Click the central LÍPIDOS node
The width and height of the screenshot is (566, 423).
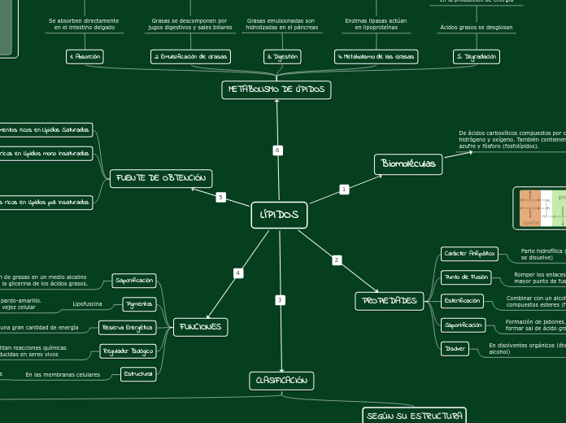tap(279, 216)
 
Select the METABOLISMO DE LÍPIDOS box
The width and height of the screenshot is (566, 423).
tap(276, 89)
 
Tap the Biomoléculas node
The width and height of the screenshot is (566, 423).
tap(408, 164)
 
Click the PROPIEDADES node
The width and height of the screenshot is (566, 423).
tap(390, 302)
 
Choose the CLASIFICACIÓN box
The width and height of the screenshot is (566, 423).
tap(281, 380)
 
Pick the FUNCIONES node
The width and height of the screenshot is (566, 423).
tap(200, 327)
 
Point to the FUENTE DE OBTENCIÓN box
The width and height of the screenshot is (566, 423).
tap(161, 178)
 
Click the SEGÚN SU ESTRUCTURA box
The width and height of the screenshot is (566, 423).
tap(415, 416)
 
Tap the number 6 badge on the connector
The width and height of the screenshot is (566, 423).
tap(277, 150)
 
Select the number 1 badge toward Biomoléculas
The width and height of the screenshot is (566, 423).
tap(344, 190)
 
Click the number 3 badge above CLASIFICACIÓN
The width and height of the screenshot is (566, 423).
tap(280, 300)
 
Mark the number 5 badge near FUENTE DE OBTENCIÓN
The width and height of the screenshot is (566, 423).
tap(220, 198)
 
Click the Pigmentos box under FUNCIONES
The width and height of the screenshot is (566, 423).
tap(138, 304)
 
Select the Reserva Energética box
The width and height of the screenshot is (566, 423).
tap(126, 328)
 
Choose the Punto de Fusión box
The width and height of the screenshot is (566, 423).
tap(467, 277)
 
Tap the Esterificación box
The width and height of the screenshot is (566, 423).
tap(462, 301)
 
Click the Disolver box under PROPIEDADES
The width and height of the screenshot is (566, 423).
tap(455, 348)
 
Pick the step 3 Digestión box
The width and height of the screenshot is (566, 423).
tap(282, 57)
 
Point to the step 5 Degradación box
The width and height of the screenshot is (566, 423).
tap(476, 57)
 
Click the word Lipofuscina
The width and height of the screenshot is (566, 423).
tap(88, 304)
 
